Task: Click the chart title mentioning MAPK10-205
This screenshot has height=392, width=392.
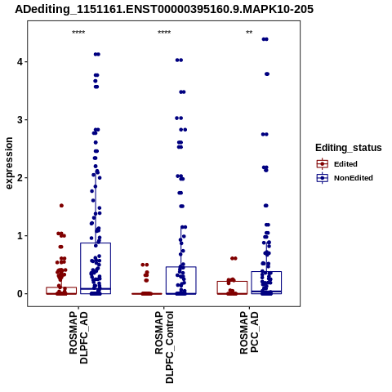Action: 164,10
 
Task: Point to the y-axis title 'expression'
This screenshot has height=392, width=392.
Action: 9,163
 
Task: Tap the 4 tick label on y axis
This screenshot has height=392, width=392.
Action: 20,62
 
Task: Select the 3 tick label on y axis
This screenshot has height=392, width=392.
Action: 20,120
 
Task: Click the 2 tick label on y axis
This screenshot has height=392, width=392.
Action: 20,178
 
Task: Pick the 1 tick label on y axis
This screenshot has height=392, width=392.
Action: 20,236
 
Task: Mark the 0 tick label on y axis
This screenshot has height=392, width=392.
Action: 20,294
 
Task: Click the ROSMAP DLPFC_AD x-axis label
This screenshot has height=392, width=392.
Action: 78,337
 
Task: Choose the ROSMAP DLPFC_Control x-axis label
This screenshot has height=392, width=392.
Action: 164,347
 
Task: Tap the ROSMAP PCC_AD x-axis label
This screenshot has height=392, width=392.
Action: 249,332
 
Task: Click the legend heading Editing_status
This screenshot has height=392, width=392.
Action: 349,148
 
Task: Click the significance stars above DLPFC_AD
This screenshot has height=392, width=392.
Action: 78,33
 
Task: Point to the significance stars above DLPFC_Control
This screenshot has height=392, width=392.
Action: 164,33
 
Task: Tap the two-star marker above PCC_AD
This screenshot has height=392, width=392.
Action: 249,33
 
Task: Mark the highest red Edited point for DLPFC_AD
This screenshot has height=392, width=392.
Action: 61,206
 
